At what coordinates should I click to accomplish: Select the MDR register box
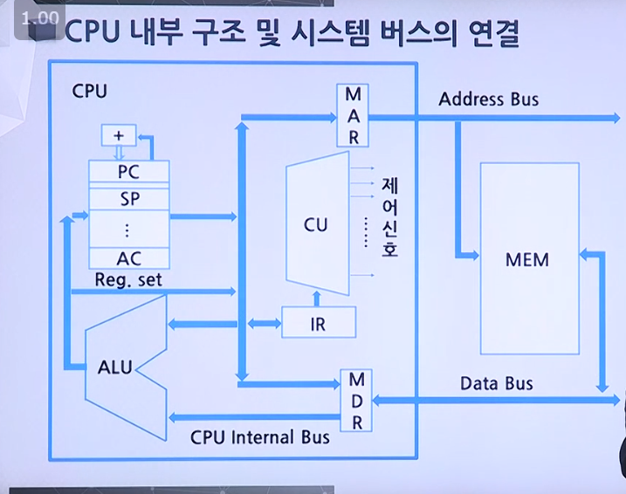[x=356, y=401]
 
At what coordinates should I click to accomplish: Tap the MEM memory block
[x=529, y=259]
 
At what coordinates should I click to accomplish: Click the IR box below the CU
[x=319, y=324]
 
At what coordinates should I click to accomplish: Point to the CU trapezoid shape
[x=316, y=225]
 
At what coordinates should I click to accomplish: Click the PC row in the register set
[x=128, y=173]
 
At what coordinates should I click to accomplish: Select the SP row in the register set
[x=128, y=198]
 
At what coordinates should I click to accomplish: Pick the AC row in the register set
[x=128, y=257]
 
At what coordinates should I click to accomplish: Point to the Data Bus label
[x=496, y=384]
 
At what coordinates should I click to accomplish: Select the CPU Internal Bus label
[x=260, y=436]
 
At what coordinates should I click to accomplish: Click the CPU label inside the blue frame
[x=91, y=92]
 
